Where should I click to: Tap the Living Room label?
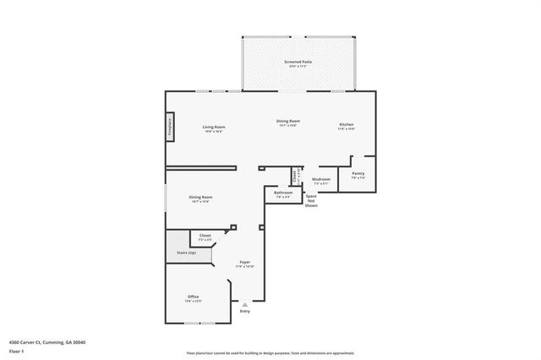pyautogui.click(x=213, y=128)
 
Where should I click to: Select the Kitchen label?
pyautogui.click(x=347, y=125)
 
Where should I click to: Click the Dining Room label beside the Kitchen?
pyautogui.click(x=287, y=122)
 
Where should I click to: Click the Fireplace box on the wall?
pyautogui.click(x=170, y=127)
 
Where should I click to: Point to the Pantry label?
pyautogui.click(x=358, y=175)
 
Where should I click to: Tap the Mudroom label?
pyautogui.click(x=321, y=180)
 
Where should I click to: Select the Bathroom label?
pyautogui.click(x=283, y=194)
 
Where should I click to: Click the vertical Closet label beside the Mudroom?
pyautogui.click(x=295, y=177)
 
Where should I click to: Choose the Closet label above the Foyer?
pyautogui.click(x=205, y=237)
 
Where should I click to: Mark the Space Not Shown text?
pyautogui.click(x=311, y=200)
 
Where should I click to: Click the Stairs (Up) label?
pyautogui.click(x=186, y=253)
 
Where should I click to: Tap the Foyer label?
pyautogui.click(x=244, y=263)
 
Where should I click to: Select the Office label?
pyautogui.click(x=194, y=297)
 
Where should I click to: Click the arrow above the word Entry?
pyautogui.click(x=245, y=305)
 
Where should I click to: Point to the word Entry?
pyautogui.click(x=245, y=312)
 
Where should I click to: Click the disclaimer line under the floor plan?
pyautogui.click(x=270, y=353)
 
